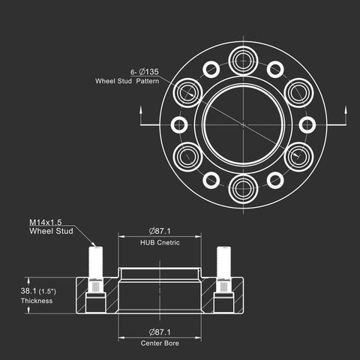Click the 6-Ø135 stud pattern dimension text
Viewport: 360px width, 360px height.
pyautogui.click(x=145, y=72)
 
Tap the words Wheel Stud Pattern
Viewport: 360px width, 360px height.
pyautogui.click(x=127, y=81)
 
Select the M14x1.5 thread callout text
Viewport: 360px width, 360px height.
pyautogui.click(x=46, y=222)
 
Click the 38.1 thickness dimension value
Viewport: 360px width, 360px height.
pyautogui.click(x=28, y=291)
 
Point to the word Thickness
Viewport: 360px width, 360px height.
pyautogui.click(x=37, y=301)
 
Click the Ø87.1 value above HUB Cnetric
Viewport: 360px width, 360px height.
pyautogui.click(x=160, y=231)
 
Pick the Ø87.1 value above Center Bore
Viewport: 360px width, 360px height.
pyautogui.click(x=160, y=332)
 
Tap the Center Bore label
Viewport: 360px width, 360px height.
pyautogui.click(x=160, y=343)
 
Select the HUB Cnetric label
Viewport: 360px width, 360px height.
pyautogui.click(x=160, y=242)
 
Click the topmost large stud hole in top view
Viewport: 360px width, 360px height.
pyautogui.click(x=243, y=61)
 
